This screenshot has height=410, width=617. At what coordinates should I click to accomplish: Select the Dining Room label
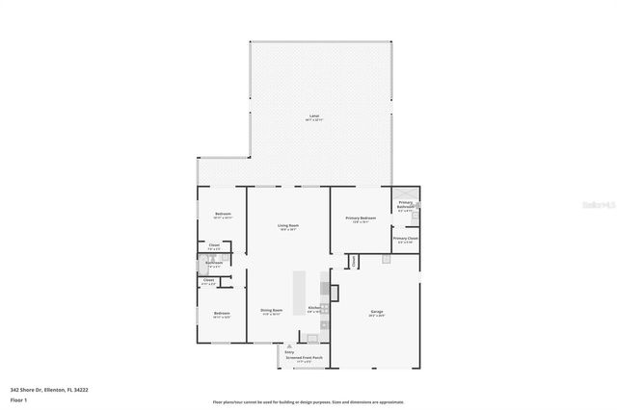[271, 310]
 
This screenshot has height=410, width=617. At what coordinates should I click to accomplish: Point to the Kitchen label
[314, 308]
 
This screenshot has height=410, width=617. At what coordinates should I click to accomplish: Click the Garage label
[377, 312]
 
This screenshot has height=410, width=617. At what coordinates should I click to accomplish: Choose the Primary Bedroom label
[360, 218]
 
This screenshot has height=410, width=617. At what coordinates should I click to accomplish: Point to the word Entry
[288, 351]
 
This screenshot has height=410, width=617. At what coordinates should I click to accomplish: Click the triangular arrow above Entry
[288, 346]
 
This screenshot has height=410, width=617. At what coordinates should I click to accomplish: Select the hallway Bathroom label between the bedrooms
[213, 263]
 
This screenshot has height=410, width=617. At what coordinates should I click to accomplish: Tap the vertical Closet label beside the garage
[354, 260]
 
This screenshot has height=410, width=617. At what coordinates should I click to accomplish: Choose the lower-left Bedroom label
[222, 314]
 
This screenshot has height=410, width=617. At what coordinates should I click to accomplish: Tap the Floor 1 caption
[18, 397]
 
